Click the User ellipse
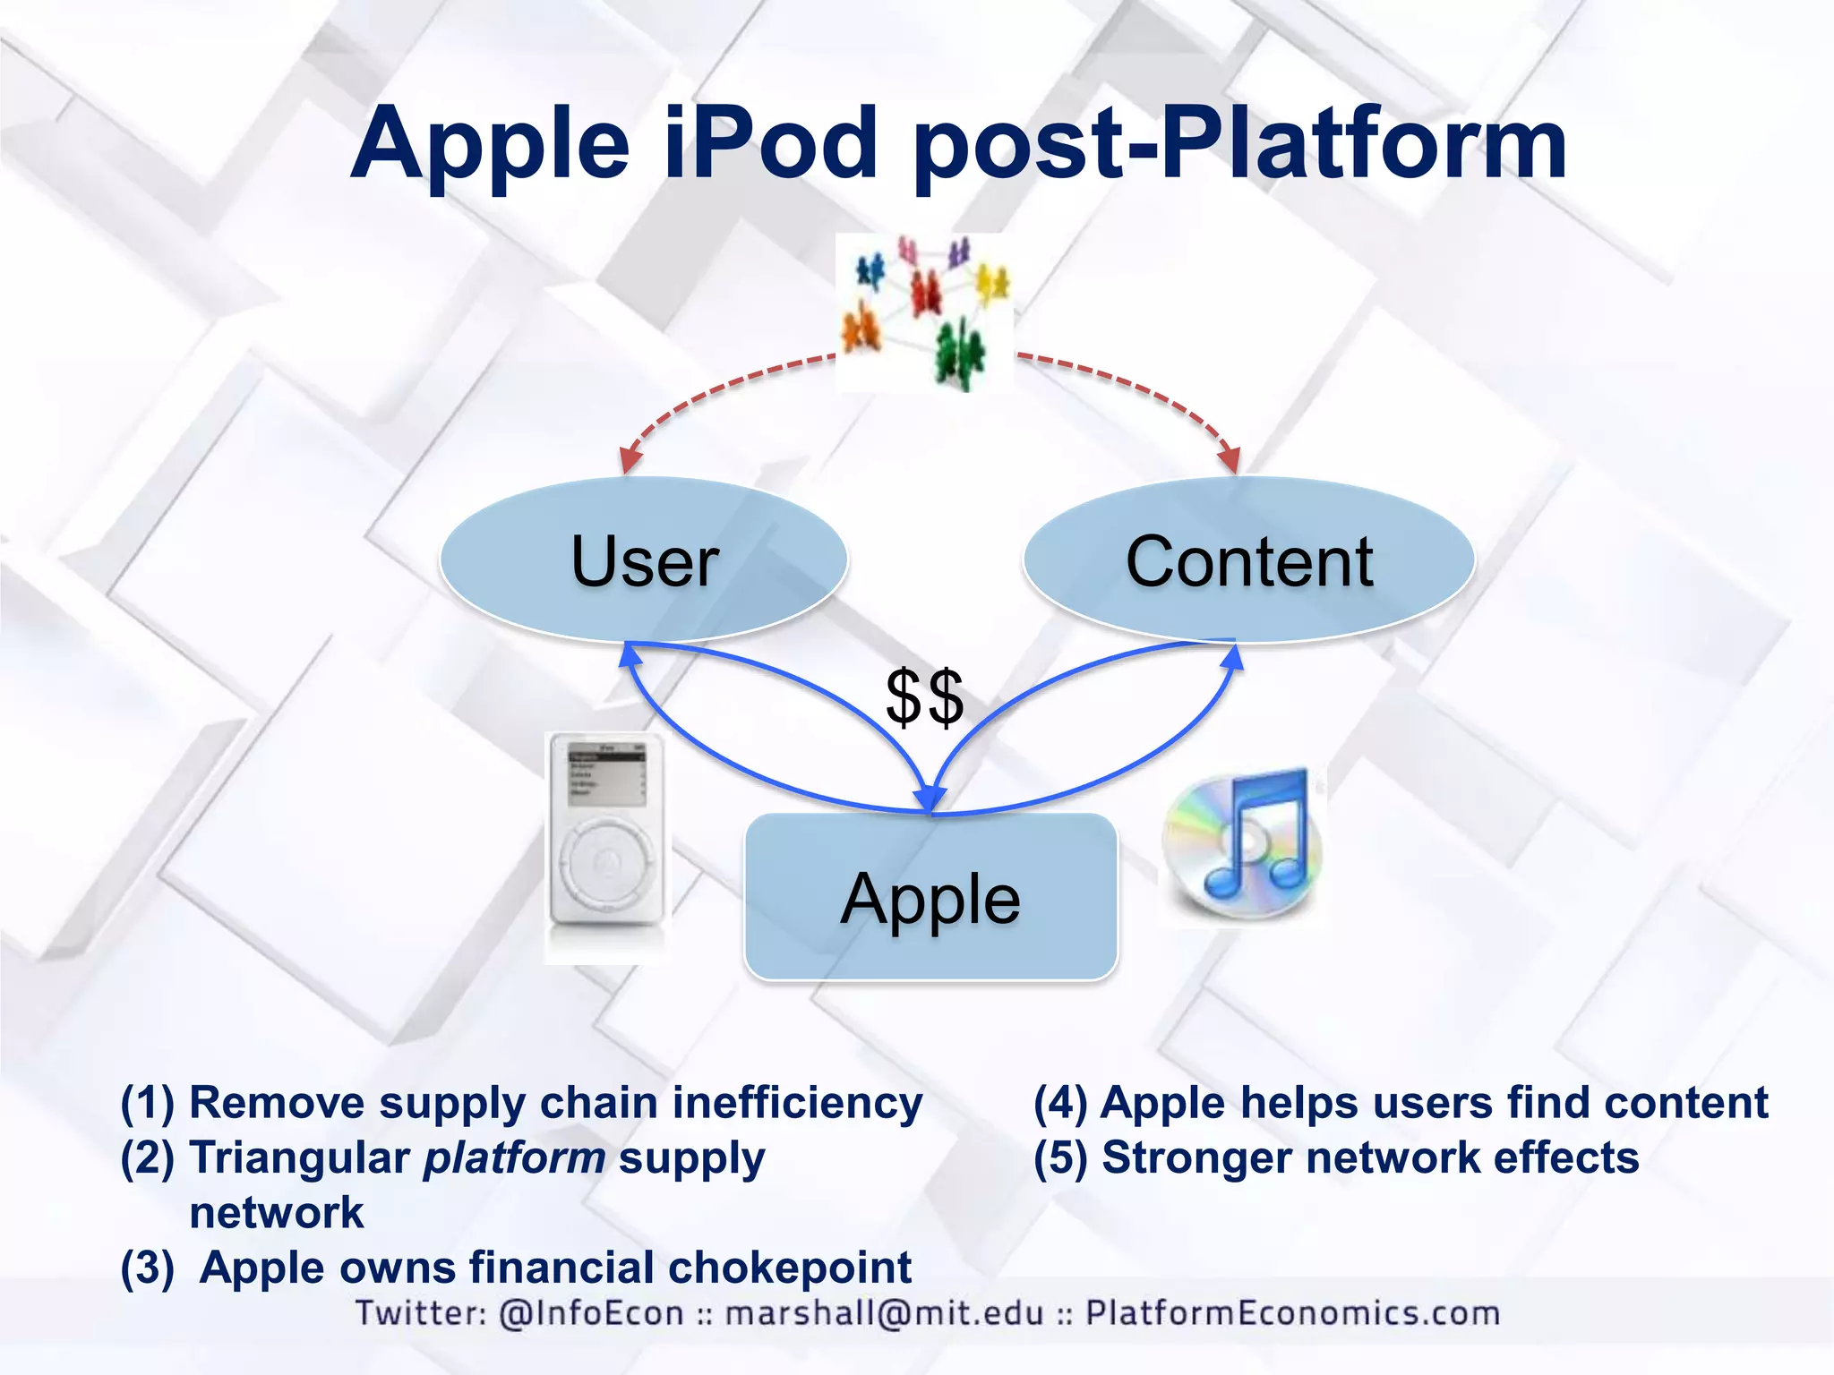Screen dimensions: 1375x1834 [x=644, y=560]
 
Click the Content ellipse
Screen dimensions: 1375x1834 [x=1248, y=560]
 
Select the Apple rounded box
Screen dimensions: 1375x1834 [x=930, y=898]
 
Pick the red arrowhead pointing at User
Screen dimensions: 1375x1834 [x=630, y=459]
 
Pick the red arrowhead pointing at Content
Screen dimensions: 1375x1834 [x=1230, y=459]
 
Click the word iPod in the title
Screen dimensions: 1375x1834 [x=771, y=143]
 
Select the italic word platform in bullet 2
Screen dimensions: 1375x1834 [x=515, y=1158]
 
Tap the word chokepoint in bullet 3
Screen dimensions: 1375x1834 [x=790, y=1268]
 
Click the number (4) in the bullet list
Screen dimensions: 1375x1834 [x=1060, y=1103]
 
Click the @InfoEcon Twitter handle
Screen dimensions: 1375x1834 [x=591, y=1313]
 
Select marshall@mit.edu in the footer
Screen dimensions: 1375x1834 [x=884, y=1313]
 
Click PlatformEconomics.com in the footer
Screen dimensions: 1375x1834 [x=1292, y=1313]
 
